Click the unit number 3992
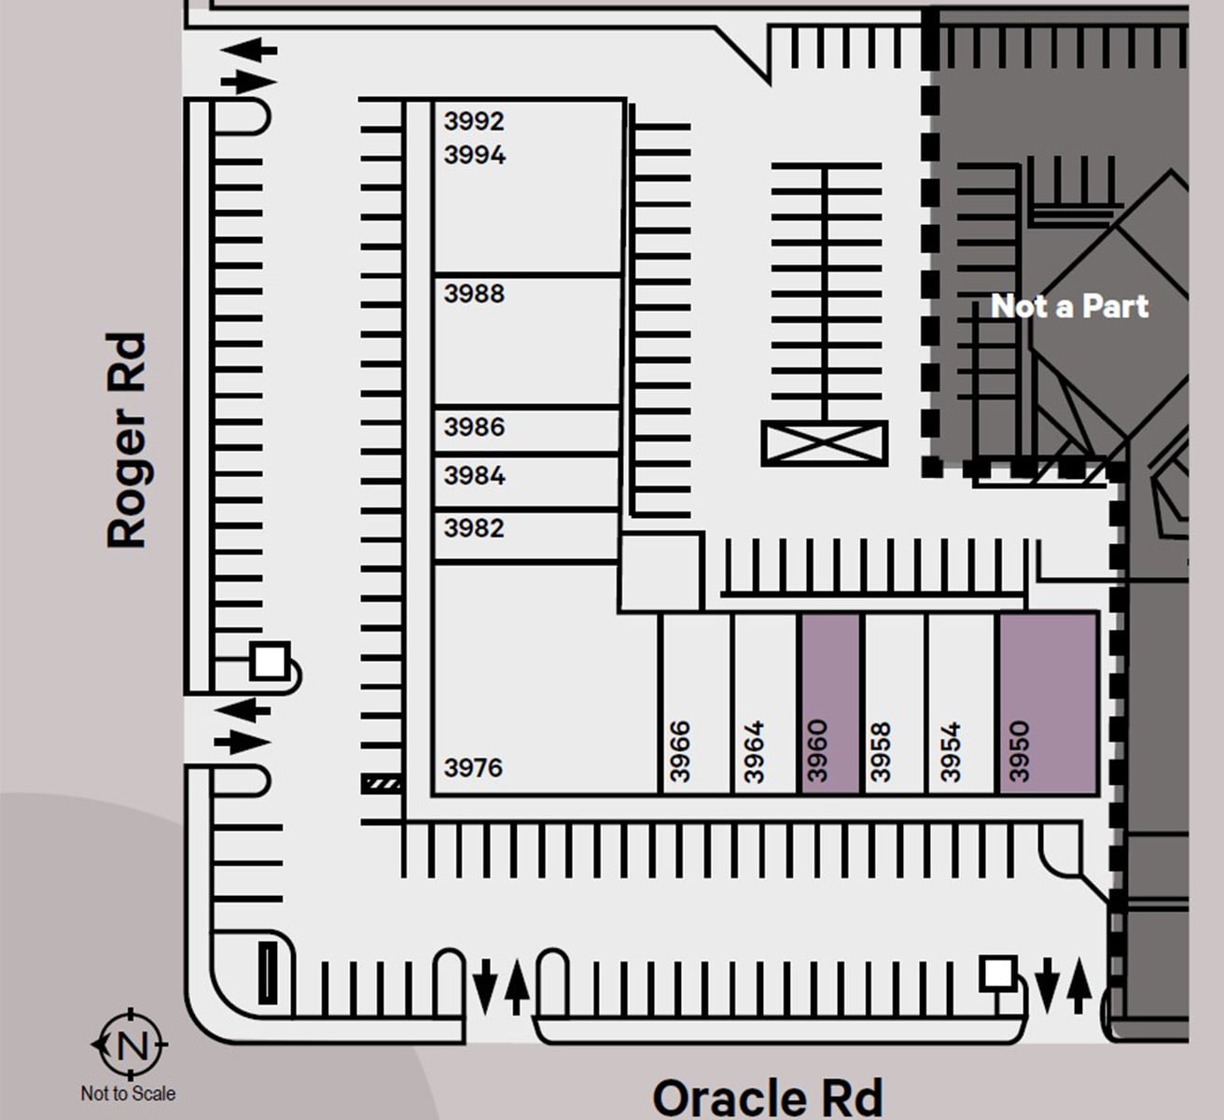pyautogui.click(x=474, y=121)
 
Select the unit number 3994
pyautogui.click(x=474, y=155)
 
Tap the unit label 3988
pyautogui.click(x=474, y=294)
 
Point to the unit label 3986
pyautogui.click(x=474, y=427)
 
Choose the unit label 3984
pyautogui.click(x=474, y=476)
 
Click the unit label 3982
pyautogui.click(x=474, y=528)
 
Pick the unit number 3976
pyautogui.click(x=473, y=768)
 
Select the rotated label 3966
pyautogui.click(x=680, y=751)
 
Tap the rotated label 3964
pyautogui.click(x=754, y=751)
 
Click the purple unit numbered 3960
pyautogui.click(x=829, y=705)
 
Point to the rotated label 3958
pyautogui.click(x=881, y=751)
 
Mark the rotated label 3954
pyautogui.click(x=950, y=751)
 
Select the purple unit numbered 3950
pyautogui.click(x=1048, y=705)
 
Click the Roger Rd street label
pyautogui.click(x=127, y=441)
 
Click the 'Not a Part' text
pyautogui.click(x=1069, y=306)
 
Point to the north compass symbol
pyautogui.click(x=131, y=1044)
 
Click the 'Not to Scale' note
pyautogui.click(x=128, y=1093)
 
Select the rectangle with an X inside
pyautogui.click(x=825, y=443)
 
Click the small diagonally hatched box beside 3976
pyautogui.click(x=382, y=784)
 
